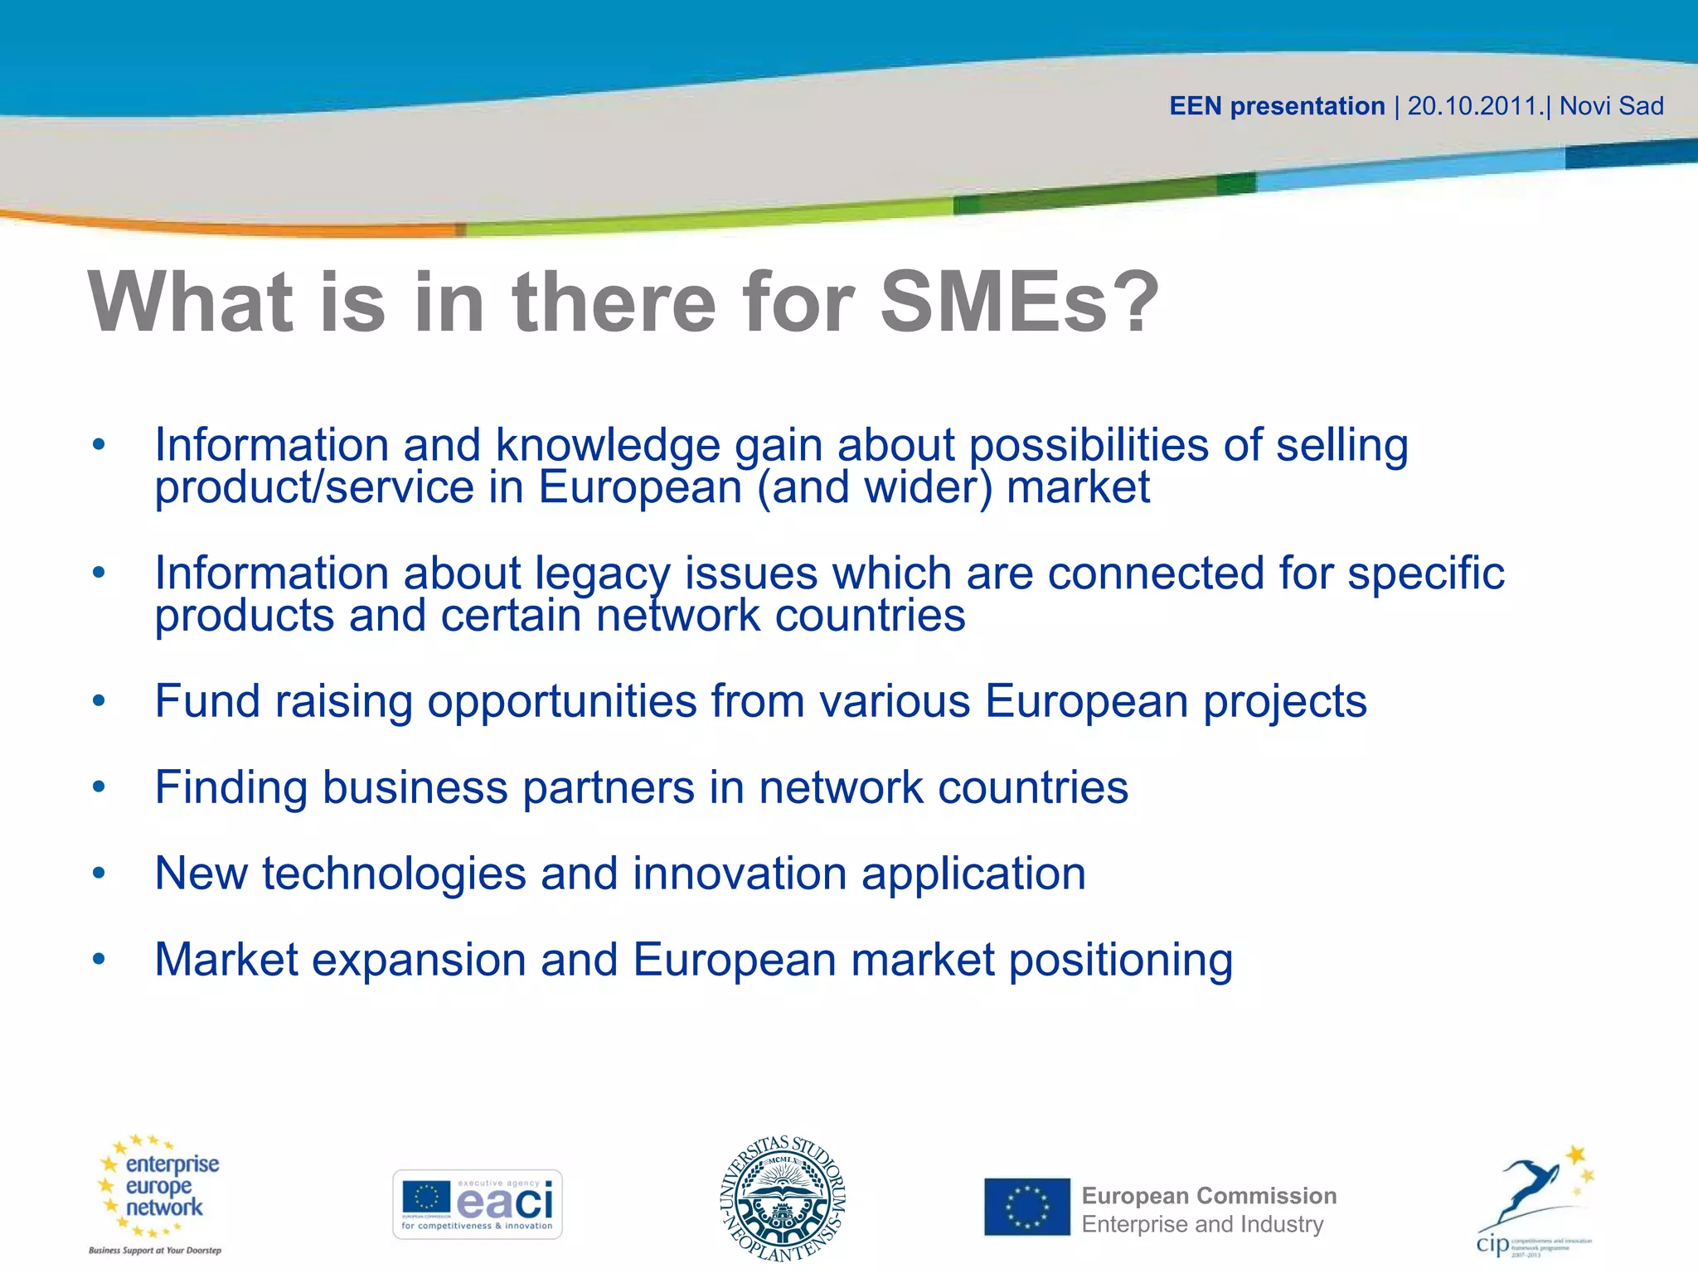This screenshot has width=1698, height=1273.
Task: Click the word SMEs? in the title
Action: pos(1019,302)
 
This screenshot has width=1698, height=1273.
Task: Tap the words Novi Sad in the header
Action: pos(1611,106)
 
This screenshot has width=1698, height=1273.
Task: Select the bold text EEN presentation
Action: pos(1277,106)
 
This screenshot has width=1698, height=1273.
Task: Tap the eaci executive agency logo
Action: pos(478,1204)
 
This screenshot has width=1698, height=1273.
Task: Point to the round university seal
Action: pos(783,1199)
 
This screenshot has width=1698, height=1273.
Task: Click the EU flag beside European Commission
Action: pos(1027,1207)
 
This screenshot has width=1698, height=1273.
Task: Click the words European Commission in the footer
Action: pos(1209,1195)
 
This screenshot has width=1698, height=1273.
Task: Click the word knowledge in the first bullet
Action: pos(607,446)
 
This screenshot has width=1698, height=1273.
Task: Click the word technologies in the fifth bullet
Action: pos(394,874)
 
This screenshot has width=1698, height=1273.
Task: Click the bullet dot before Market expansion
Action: pos(99,960)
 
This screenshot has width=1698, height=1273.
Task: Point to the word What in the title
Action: pos(191,302)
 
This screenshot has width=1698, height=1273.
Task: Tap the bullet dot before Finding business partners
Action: pos(99,787)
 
